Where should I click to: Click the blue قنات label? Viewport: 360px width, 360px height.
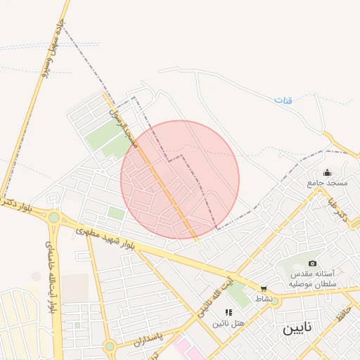point(283,101)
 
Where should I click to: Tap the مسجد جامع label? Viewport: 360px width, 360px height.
point(327,183)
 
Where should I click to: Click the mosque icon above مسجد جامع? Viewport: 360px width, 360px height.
point(327,172)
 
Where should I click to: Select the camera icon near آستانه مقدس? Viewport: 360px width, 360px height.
point(312,263)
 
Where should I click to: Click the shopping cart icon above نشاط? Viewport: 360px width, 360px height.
point(264,288)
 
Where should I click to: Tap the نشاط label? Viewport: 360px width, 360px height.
point(264,299)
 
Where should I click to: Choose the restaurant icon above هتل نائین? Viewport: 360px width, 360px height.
point(229,311)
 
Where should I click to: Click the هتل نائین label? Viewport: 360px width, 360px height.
point(230,322)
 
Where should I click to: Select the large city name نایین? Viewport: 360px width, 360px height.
point(298,329)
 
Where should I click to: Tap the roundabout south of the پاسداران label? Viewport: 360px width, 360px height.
point(109,346)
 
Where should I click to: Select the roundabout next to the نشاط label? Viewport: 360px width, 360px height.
point(275,302)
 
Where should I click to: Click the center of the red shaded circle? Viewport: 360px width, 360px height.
point(180,180)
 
